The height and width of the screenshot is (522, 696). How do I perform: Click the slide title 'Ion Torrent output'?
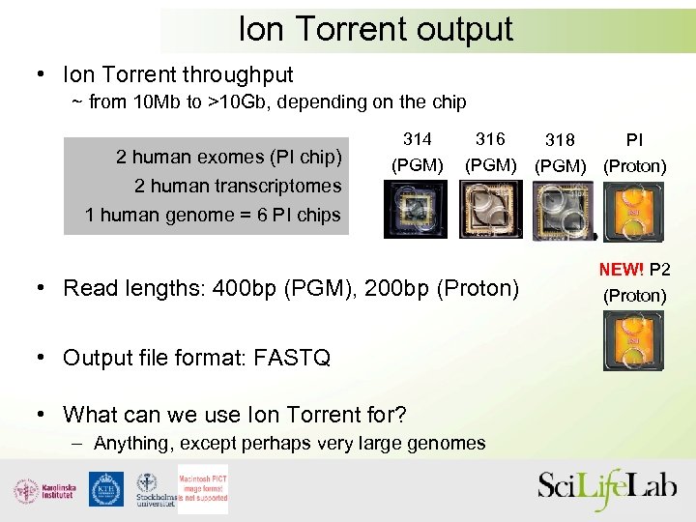pyautogui.click(x=375, y=29)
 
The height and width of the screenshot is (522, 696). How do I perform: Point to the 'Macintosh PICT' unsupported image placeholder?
pyautogui.click(x=202, y=489)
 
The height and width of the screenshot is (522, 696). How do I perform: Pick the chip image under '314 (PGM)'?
pyautogui.click(x=416, y=210)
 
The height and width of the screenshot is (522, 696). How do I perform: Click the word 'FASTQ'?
pyautogui.click(x=290, y=358)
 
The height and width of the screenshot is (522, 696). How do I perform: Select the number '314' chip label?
pyautogui.click(x=417, y=139)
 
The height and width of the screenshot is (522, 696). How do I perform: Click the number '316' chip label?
pyautogui.click(x=490, y=139)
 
